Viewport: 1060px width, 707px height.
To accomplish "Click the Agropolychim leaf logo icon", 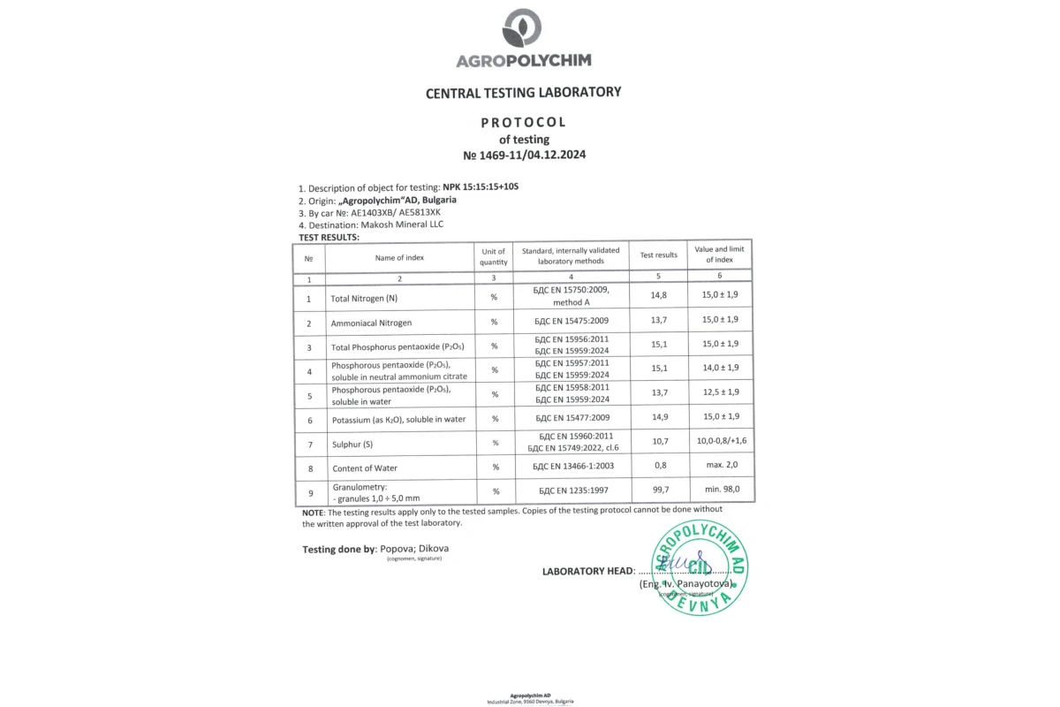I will pyautogui.click(x=523, y=29).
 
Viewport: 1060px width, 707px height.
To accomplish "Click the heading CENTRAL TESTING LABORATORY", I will pyautogui.click(x=523, y=92).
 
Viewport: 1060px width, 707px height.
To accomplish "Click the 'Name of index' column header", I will pyautogui.click(x=399, y=257).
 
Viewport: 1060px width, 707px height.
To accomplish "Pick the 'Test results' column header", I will pyautogui.click(x=658, y=255).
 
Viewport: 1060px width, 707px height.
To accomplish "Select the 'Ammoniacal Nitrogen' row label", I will pyautogui.click(x=371, y=323).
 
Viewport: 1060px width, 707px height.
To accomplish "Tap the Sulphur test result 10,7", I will pyautogui.click(x=658, y=440).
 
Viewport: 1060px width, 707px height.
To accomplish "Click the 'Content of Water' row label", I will pyautogui.click(x=364, y=468).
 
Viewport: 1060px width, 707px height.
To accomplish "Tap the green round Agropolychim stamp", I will pyautogui.click(x=698, y=566).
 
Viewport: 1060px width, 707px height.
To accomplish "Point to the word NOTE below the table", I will pyautogui.click(x=313, y=512).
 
